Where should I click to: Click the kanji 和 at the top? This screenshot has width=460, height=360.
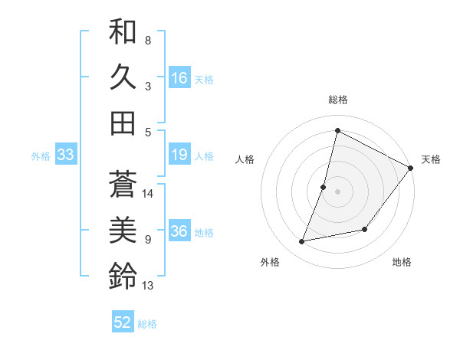pyautogui.click(x=123, y=32)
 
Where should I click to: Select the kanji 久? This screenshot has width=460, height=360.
pyautogui.click(x=123, y=77)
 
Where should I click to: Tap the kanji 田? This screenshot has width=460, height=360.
pyautogui.click(x=123, y=123)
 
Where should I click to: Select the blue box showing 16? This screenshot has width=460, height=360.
pyautogui.click(x=179, y=78)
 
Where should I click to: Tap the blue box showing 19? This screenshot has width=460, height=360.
pyautogui.click(x=179, y=155)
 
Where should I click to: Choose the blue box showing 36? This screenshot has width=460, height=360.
pyautogui.click(x=179, y=232)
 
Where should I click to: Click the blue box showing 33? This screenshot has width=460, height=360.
pyautogui.click(x=66, y=155)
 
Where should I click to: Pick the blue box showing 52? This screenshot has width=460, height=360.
pyautogui.click(x=123, y=322)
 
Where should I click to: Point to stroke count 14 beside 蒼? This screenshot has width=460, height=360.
pyautogui.click(x=149, y=194)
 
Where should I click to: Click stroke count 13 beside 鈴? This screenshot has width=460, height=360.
pyautogui.click(x=149, y=286)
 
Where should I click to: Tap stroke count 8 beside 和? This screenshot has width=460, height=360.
pyautogui.click(x=147, y=40)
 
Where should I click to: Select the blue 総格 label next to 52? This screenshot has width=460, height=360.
pyautogui.click(x=147, y=324)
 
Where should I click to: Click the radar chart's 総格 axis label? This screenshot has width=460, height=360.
pyautogui.click(x=337, y=100)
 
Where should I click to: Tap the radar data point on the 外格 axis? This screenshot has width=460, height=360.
pyautogui.click(x=303, y=242)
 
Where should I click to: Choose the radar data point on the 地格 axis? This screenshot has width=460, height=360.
pyautogui.click(x=366, y=229)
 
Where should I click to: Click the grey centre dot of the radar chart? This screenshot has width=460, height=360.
pyautogui.click(x=337, y=191)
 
